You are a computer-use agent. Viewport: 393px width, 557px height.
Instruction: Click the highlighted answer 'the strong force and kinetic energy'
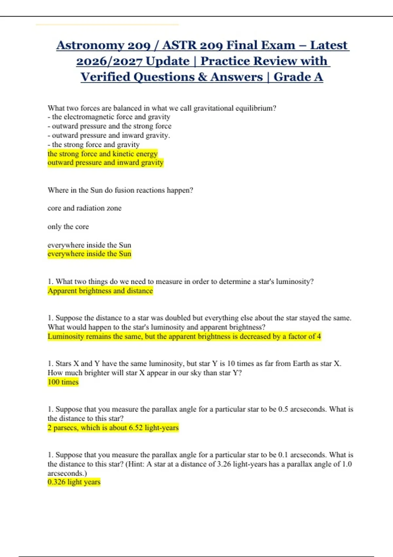(103, 154)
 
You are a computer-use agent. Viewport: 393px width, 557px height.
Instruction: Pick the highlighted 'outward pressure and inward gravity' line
(105, 163)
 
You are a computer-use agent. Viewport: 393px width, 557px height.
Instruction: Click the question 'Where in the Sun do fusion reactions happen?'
(120, 190)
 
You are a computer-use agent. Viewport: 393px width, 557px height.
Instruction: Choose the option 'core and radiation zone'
(84, 208)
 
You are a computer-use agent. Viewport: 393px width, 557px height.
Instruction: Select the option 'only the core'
(68, 226)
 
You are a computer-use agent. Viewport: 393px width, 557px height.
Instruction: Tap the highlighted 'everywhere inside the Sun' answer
(89, 254)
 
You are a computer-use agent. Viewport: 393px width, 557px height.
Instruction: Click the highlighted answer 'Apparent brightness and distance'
(100, 291)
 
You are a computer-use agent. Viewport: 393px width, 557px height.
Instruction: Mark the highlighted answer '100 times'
(63, 382)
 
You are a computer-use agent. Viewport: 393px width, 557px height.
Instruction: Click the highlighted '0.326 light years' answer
(74, 482)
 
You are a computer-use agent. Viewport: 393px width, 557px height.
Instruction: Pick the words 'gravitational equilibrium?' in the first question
(235, 108)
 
